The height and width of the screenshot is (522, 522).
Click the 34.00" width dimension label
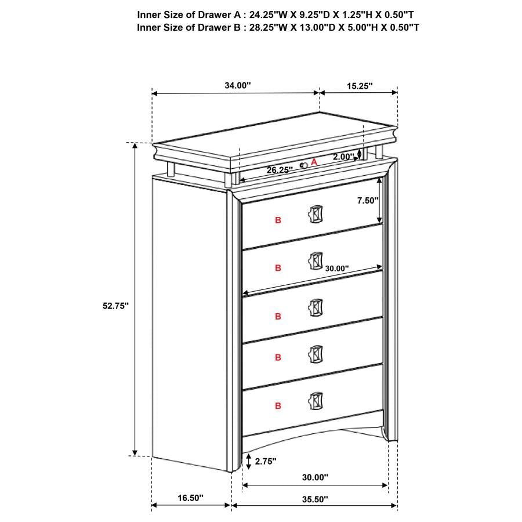point(237,85)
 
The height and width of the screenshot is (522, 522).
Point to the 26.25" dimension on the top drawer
point(280,171)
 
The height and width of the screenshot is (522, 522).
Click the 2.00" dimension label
point(343,157)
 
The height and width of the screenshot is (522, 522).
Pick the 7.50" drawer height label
point(367,200)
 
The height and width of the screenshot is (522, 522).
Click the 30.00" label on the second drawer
point(336,269)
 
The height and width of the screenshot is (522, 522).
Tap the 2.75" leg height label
point(265,461)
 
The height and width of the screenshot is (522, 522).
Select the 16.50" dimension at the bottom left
point(191,498)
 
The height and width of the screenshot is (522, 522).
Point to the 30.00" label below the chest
point(314,477)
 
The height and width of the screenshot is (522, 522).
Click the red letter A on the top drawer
point(314,162)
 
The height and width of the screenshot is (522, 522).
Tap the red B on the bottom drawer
point(278,405)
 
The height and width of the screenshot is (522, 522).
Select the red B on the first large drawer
point(278,220)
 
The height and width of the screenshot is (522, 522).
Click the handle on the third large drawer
point(315,308)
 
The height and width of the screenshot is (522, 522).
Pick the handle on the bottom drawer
point(315,401)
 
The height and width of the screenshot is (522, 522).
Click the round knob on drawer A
point(303,166)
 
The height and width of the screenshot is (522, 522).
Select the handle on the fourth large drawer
point(315,354)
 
